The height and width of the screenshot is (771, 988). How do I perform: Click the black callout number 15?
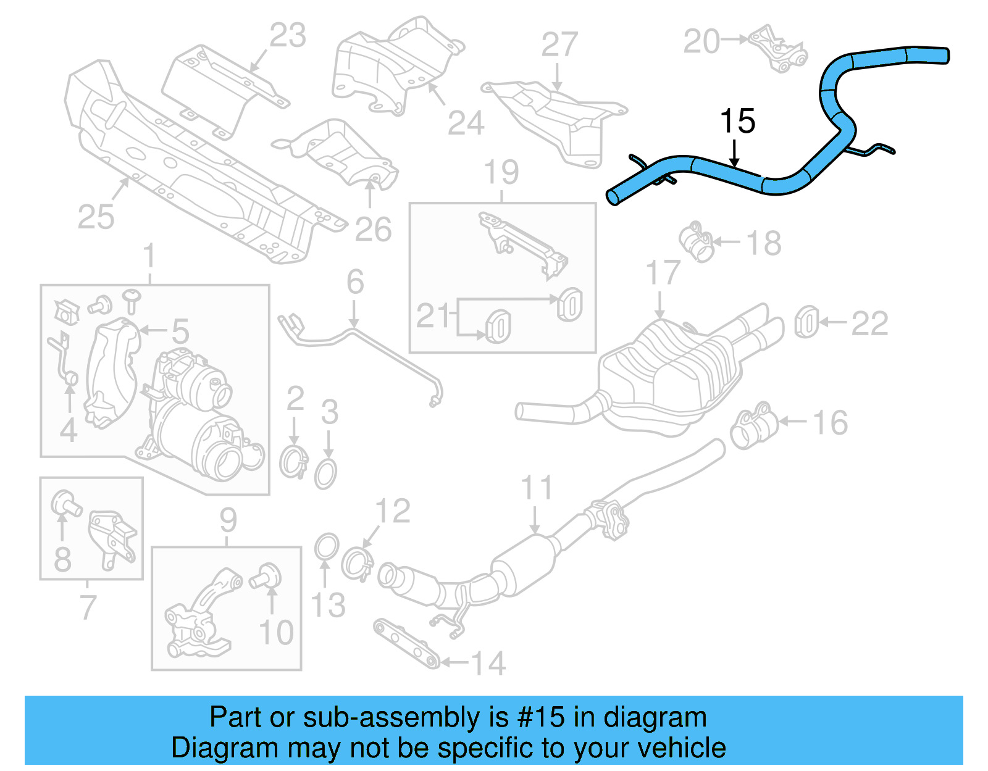tap(737, 122)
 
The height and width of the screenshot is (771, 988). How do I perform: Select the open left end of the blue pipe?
tap(613, 198)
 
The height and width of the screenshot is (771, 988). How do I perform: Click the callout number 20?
tap(702, 41)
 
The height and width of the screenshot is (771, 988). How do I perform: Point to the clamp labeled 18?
tap(697, 242)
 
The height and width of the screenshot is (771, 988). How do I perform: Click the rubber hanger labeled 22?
tap(806, 322)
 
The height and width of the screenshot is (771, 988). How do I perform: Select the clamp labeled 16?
tap(753, 425)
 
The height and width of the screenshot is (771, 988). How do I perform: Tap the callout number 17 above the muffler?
tap(663, 273)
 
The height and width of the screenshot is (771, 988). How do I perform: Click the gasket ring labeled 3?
tap(325, 474)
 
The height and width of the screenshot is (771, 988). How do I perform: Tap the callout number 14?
tap(488, 664)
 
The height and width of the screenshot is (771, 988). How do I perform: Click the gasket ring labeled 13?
tap(327, 547)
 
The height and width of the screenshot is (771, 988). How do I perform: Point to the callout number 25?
tap(96, 217)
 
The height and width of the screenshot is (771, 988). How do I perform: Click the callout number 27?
tap(559, 45)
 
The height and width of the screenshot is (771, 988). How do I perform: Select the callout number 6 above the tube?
tap(355, 282)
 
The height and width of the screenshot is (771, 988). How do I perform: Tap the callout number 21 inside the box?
tap(434, 316)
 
